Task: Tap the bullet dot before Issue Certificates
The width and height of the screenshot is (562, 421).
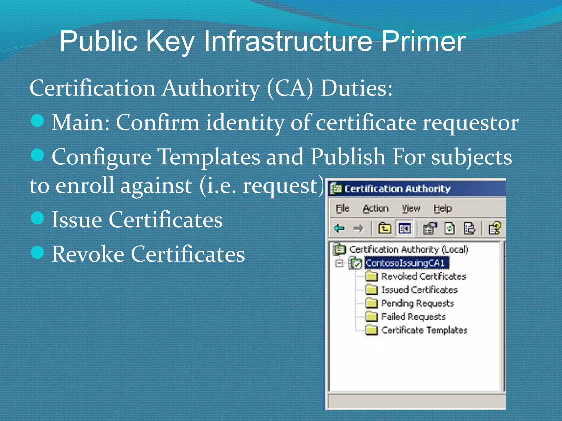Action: [38, 218]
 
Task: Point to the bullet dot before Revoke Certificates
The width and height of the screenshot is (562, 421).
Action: [38, 252]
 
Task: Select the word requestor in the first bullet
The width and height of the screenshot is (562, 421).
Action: [470, 123]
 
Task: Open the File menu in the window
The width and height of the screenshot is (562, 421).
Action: [342, 209]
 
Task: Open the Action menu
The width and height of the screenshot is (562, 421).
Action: [375, 209]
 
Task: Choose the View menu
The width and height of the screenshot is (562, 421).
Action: [411, 209]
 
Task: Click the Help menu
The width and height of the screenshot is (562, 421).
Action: [442, 209]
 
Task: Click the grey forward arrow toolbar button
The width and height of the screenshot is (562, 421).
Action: [358, 228]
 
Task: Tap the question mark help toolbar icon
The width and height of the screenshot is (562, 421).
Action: [495, 228]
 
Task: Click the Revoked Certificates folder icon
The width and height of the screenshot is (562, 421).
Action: [372, 276]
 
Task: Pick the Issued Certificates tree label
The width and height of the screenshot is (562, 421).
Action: [419, 290]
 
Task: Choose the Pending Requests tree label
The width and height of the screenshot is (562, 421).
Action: [418, 303]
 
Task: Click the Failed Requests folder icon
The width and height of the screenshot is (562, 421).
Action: [372, 317]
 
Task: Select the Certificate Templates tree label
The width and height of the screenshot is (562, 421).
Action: [424, 330]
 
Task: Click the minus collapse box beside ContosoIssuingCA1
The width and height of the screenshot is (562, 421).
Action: [339, 263]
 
